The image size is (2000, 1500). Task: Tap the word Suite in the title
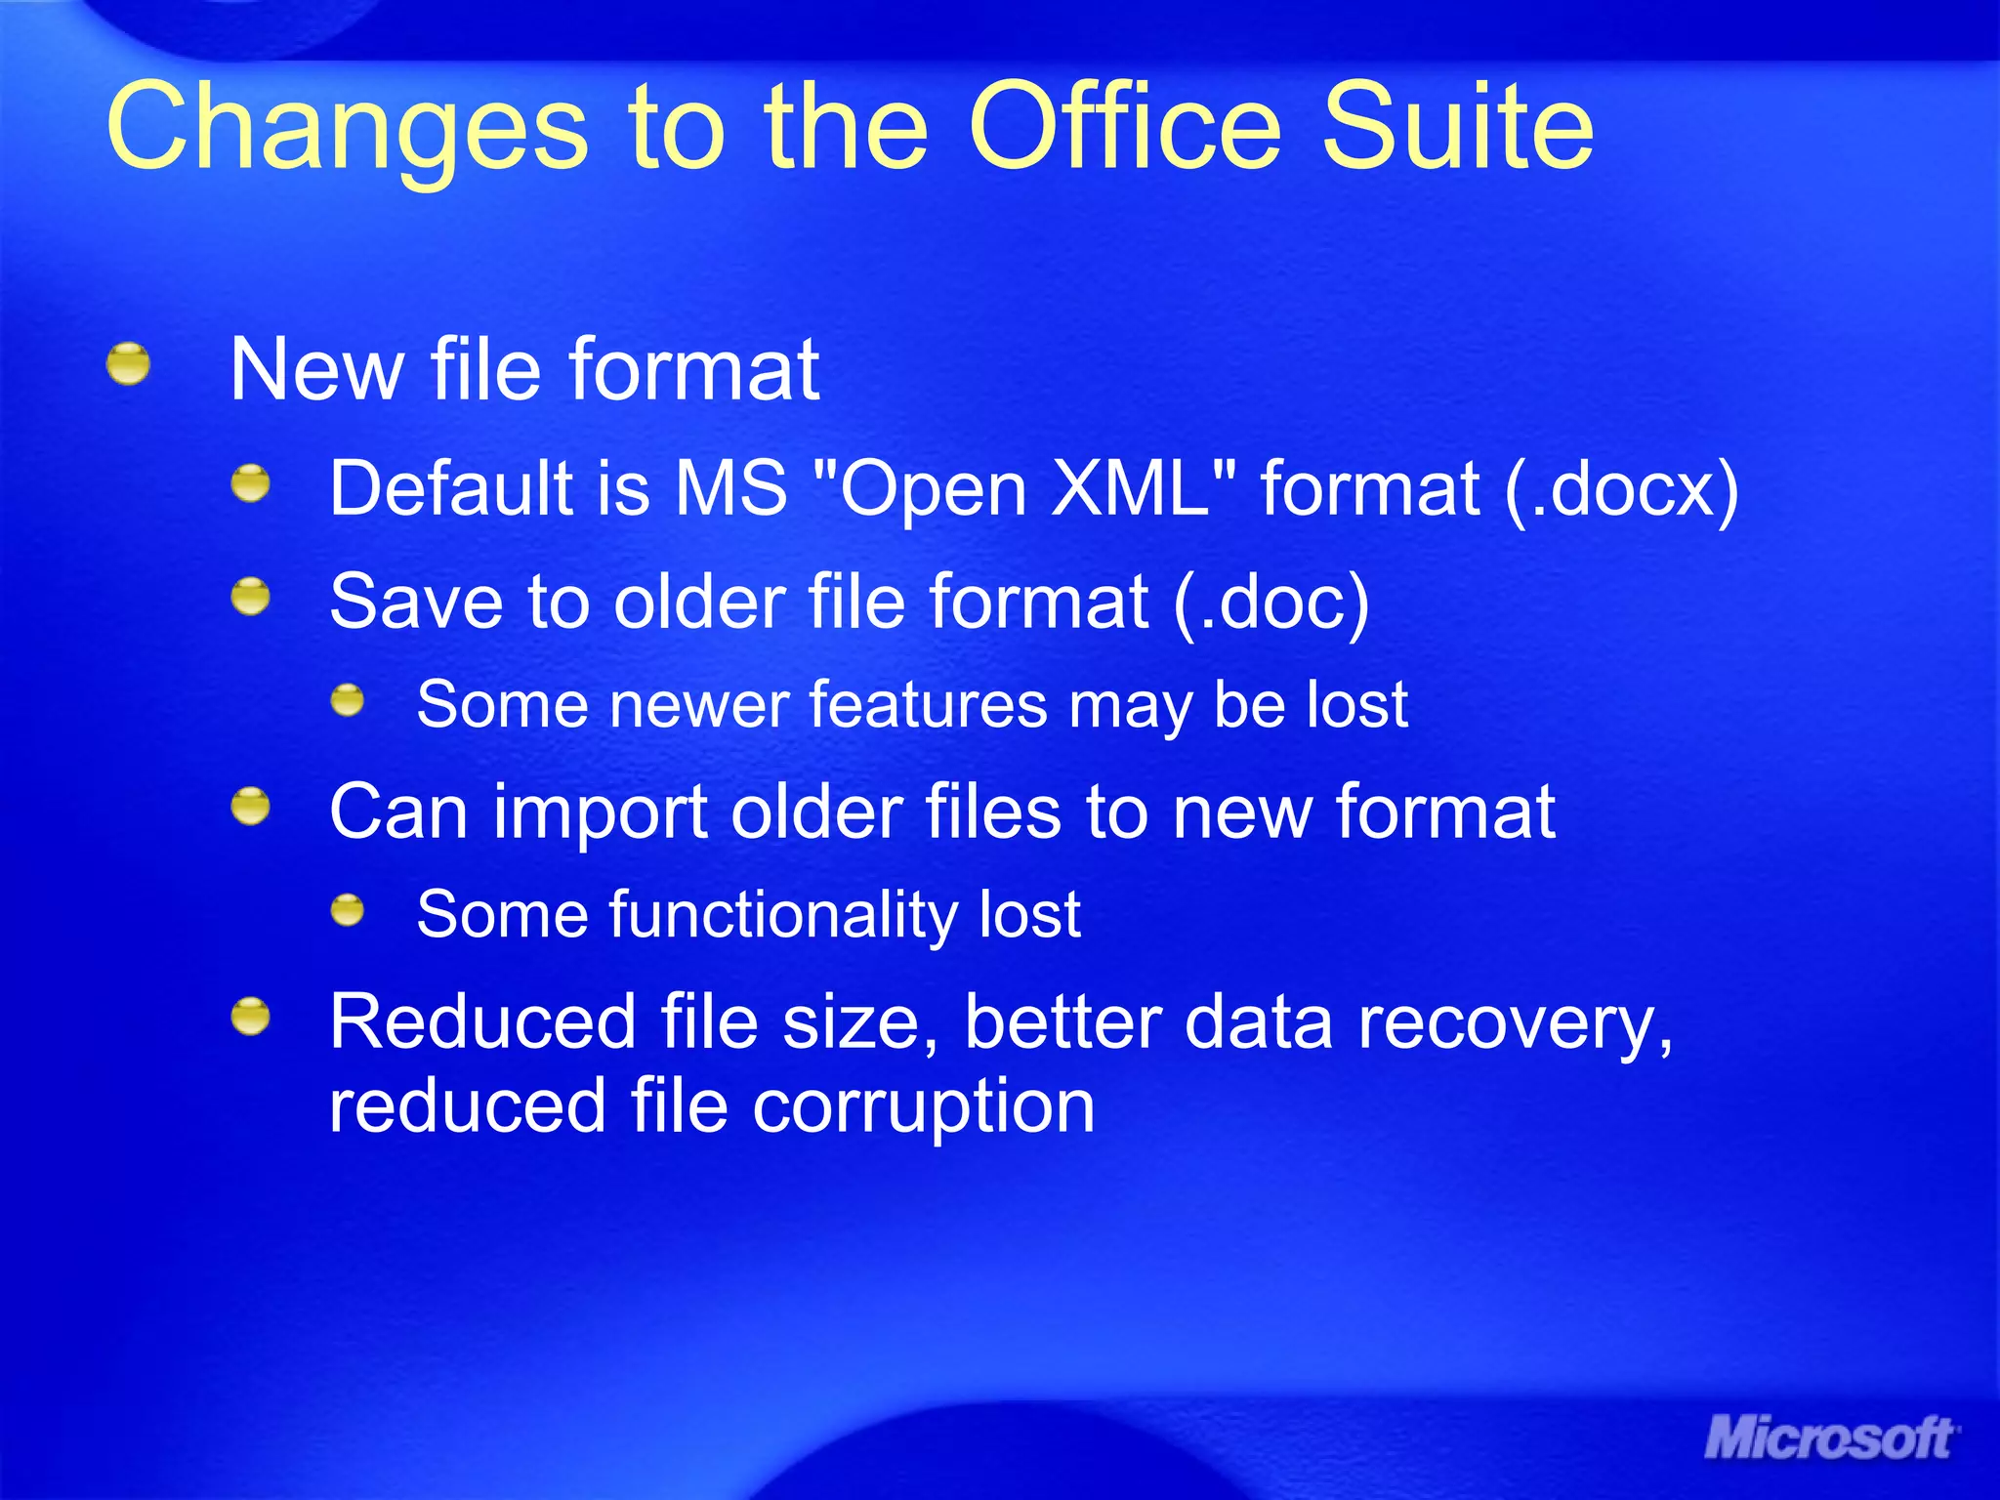tap(1457, 127)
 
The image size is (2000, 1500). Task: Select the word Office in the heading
tap(1123, 127)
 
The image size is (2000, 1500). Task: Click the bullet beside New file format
tap(128, 364)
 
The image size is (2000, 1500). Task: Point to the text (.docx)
tap(1621, 488)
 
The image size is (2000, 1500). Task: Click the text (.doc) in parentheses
tap(1271, 602)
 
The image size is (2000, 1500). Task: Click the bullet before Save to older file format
tap(251, 596)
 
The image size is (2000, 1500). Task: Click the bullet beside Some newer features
tap(347, 700)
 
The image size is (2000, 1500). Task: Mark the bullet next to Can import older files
tap(251, 807)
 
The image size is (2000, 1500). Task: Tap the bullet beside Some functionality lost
tap(347, 911)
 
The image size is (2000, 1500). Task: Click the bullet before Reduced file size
tap(251, 1017)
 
